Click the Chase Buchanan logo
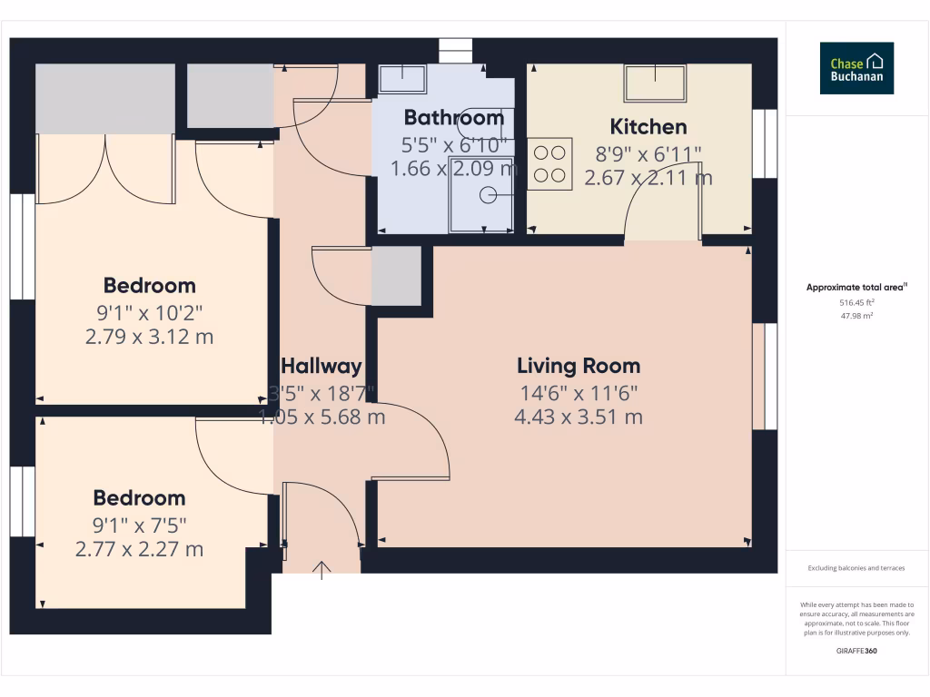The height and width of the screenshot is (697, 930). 856,68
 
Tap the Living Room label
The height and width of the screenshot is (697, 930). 579,367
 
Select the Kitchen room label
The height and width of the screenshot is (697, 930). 648,127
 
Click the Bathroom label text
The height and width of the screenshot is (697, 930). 453,118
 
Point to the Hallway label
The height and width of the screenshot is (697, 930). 322,367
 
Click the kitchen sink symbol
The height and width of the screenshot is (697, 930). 655,83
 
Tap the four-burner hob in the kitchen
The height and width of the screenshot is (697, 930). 549,163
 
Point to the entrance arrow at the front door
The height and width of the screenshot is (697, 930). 322,569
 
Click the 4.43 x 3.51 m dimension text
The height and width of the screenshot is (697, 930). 578,417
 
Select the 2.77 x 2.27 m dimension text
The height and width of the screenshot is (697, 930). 139,549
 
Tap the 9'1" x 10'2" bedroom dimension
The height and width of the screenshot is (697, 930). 150,313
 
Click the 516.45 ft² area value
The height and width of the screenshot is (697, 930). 856,302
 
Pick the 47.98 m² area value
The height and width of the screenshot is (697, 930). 856,316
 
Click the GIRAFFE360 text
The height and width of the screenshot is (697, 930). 856,653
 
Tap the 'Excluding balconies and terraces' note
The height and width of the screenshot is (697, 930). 856,569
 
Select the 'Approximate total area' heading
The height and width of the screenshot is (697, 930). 856,288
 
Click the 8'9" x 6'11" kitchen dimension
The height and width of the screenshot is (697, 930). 648,153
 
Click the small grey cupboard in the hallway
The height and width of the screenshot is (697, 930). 397,276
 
